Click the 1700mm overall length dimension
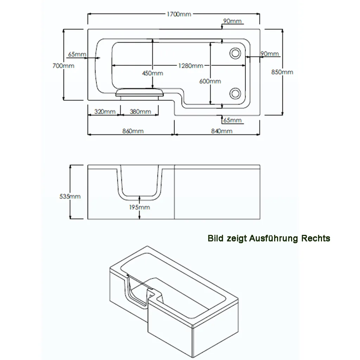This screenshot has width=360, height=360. (x=179, y=14)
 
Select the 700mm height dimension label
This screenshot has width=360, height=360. (x=63, y=66)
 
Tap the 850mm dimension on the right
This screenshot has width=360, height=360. (x=282, y=72)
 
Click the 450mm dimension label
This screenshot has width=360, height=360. (x=153, y=73)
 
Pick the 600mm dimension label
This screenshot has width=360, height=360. (x=210, y=81)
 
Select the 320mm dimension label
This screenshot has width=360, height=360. (x=105, y=112)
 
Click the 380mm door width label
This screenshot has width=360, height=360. (x=140, y=112)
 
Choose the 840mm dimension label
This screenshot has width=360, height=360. (x=222, y=131)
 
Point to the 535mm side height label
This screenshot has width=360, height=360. (x=70, y=196)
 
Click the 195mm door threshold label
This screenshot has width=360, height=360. (x=139, y=207)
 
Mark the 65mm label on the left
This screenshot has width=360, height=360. (x=77, y=54)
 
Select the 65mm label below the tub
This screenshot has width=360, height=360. (x=232, y=120)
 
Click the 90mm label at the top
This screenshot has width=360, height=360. (x=232, y=21)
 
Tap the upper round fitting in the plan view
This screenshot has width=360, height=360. (x=235, y=53)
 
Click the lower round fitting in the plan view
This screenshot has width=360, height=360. (x=235, y=93)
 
